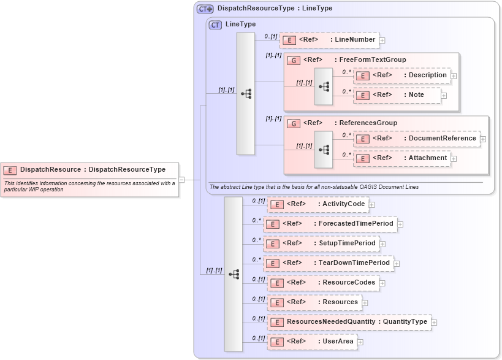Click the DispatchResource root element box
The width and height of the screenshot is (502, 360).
89,170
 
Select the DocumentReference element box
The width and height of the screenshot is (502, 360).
416,139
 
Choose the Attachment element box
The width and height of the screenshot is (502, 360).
401,158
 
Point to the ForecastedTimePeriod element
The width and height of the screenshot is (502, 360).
329,224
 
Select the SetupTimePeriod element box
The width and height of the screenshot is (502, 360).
321,243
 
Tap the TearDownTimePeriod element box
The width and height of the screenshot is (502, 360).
328,263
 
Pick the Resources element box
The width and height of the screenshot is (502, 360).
314,302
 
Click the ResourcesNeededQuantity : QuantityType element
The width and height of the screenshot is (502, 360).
349,322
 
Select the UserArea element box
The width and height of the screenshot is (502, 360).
311,342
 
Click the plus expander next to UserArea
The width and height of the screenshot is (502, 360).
360,342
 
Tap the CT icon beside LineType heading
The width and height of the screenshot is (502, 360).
215,25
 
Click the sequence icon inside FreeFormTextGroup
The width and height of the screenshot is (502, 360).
324,86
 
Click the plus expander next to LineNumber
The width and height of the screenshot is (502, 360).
382,40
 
